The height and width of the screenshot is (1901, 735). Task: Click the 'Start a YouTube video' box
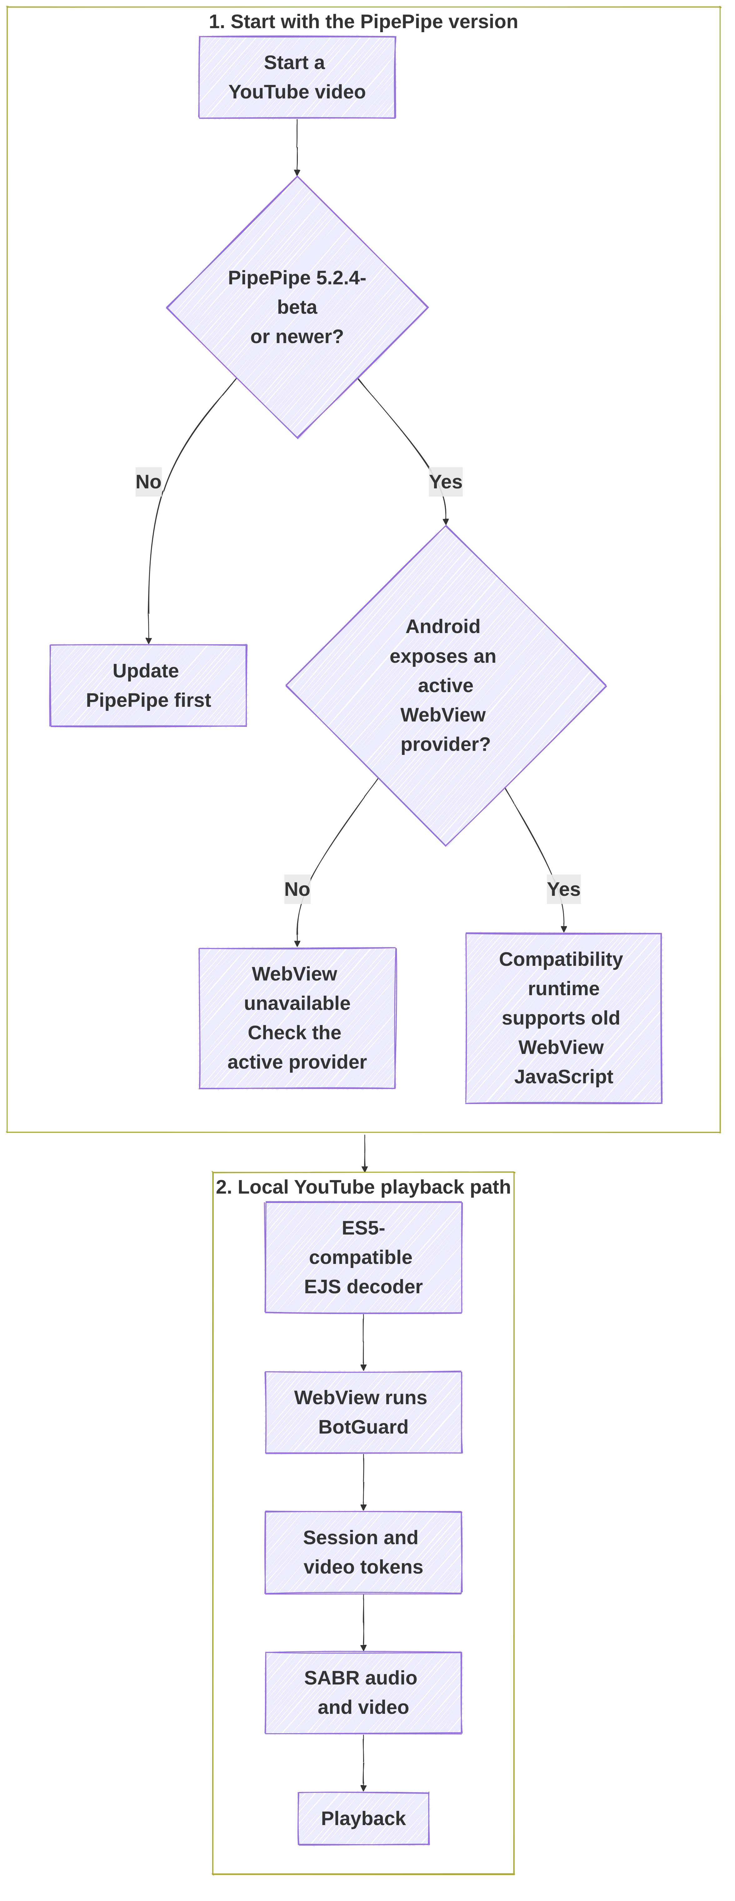click(x=297, y=77)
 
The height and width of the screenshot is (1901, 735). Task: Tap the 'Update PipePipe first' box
click(x=148, y=686)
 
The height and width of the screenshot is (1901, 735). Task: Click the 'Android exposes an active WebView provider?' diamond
click(x=446, y=686)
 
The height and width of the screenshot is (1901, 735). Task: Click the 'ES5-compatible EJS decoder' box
click(x=363, y=1258)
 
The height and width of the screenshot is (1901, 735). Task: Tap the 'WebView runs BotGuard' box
click(x=363, y=1412)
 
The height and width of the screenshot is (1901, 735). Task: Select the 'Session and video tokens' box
click(x=363, y=1553)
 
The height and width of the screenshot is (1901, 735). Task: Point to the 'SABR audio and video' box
click(x=363, y=1693)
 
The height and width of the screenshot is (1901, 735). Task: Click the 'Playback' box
click(x=363, y=1818)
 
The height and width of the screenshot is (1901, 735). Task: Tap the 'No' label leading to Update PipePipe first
click(x=148, y=482)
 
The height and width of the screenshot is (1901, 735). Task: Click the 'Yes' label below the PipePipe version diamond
click(x=446, y=482)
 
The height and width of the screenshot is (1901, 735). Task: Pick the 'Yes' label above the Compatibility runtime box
click(x=564, y=889)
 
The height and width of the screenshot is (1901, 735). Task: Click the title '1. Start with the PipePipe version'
click(x=363, y=21)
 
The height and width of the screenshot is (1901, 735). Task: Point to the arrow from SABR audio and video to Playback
click(x=363, y=1763)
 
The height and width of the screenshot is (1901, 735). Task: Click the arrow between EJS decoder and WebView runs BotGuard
click(x=363, y=1342)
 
